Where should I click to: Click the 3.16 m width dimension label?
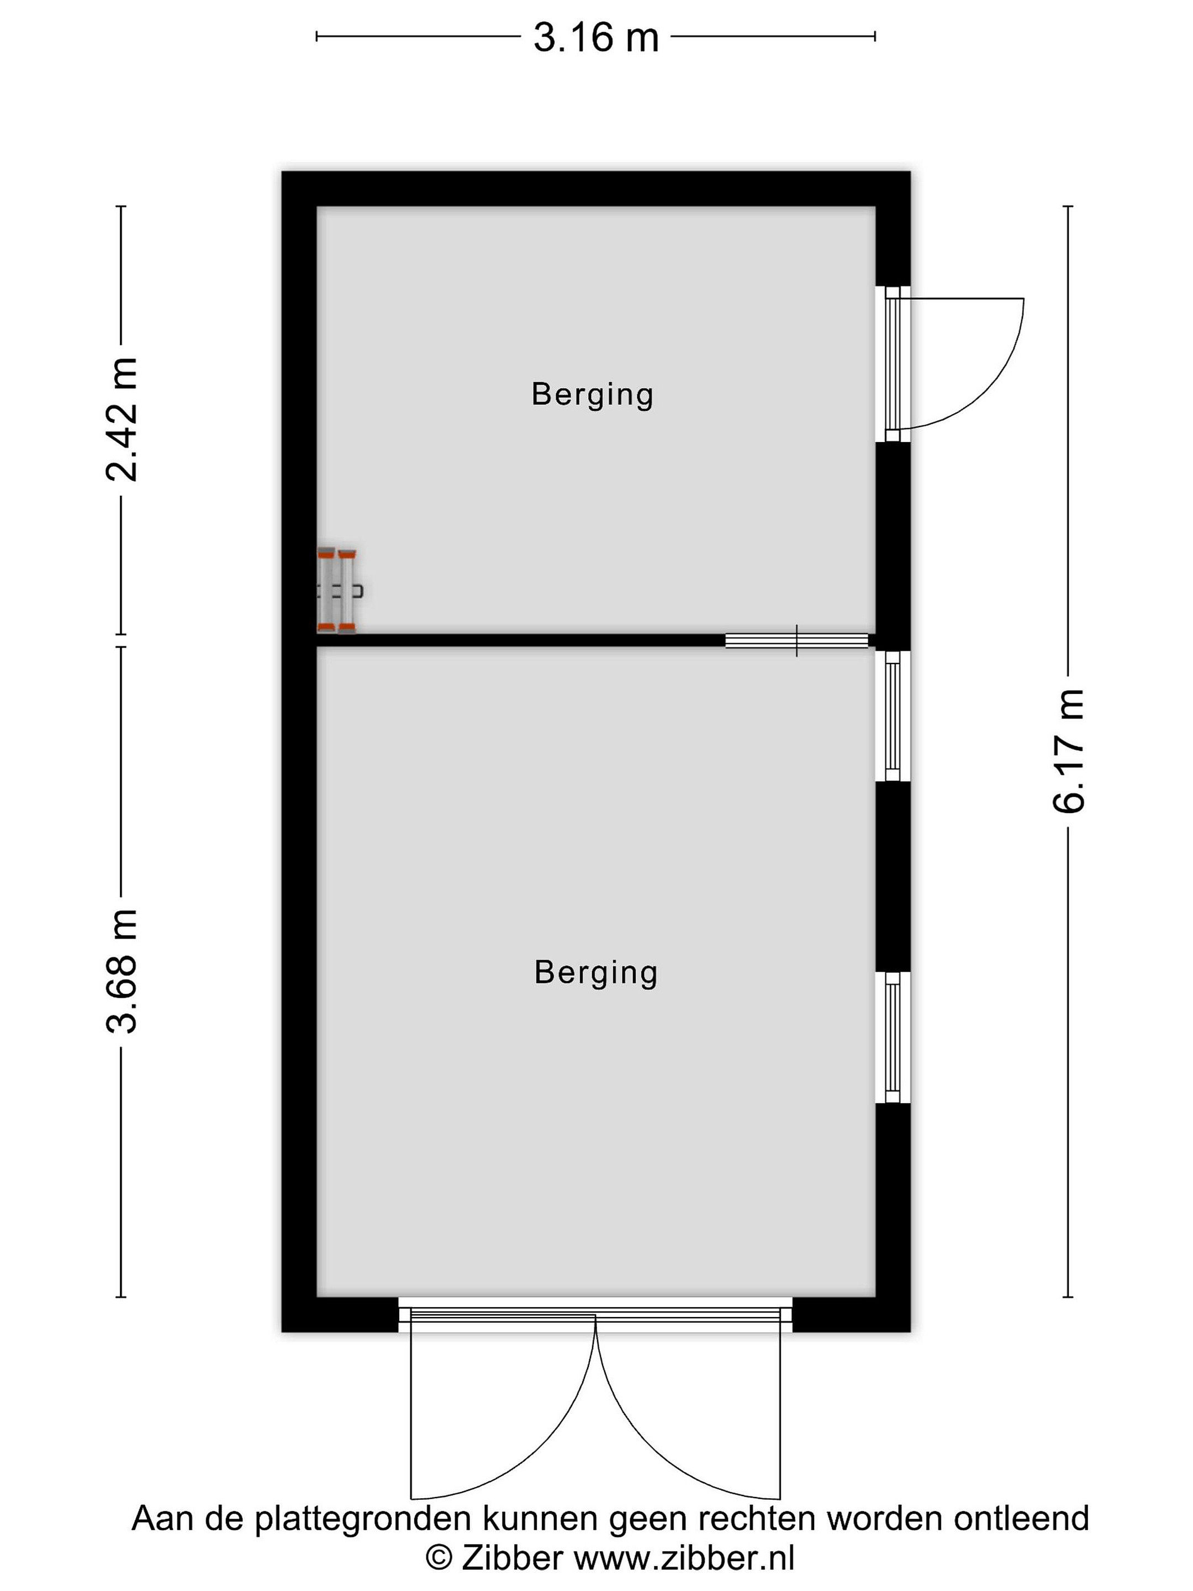tap(595, 38)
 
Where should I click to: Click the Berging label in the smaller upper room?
tap(593, 395)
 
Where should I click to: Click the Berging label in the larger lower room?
tap(596, 973)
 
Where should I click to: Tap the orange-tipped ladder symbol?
tap(338, 591)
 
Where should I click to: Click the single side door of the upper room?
tap(893, 364)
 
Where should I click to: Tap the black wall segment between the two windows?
tap(893, 877)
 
